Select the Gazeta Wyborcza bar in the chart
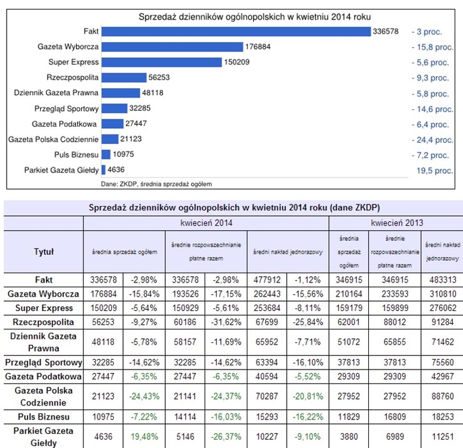coord(172,47)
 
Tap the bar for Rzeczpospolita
coord(124,78)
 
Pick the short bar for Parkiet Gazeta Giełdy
coord(104,170)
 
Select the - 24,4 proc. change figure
coord(432,139)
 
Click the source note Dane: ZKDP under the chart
coord(156,183)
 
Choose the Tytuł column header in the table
coord(44,252)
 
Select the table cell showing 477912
coord(266,279)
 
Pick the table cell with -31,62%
coord(226,323)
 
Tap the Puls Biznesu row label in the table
coord(44,417)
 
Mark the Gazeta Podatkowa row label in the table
coord(44,376)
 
